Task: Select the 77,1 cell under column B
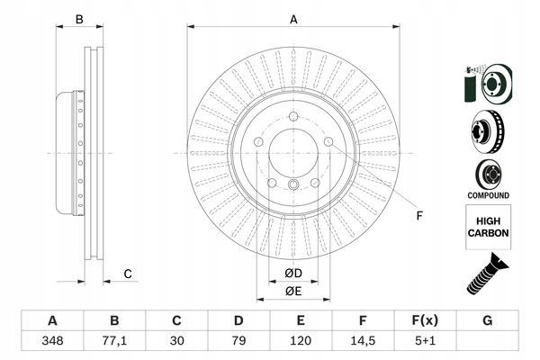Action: tap(114, 343)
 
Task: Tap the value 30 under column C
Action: tap(176, 343)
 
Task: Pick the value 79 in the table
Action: tap(238, 343)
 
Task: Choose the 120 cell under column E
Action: tap(301, 343)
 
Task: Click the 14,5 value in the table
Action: tap(362, 343)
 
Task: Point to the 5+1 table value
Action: tap(424, 343)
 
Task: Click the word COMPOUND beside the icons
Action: tap(489, 195)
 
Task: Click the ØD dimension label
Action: tap(292, 273)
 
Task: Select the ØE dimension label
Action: tap(292, 290)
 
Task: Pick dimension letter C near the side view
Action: tap(128, 274)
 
